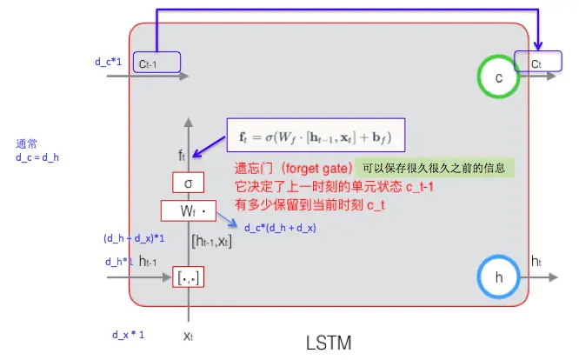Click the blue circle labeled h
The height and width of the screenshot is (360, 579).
point(499,277)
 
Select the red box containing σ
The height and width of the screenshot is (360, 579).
point(188,183)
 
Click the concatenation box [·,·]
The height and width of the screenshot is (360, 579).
point(188,277)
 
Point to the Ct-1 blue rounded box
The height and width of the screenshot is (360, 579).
point(156,62)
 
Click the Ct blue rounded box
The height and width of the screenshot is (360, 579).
point(539,62)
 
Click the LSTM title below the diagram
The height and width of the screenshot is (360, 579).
point(329,342)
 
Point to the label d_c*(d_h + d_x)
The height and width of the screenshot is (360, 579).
point(280,228)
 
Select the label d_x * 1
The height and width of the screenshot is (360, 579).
point(128,335)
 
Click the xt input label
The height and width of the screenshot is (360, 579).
point(187,334)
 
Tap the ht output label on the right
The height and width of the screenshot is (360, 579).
point(536,260)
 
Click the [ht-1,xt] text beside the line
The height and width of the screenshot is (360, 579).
point(211,240)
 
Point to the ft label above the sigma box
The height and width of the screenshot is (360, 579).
point(182,156)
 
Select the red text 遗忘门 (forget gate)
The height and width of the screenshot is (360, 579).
point(293,168)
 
